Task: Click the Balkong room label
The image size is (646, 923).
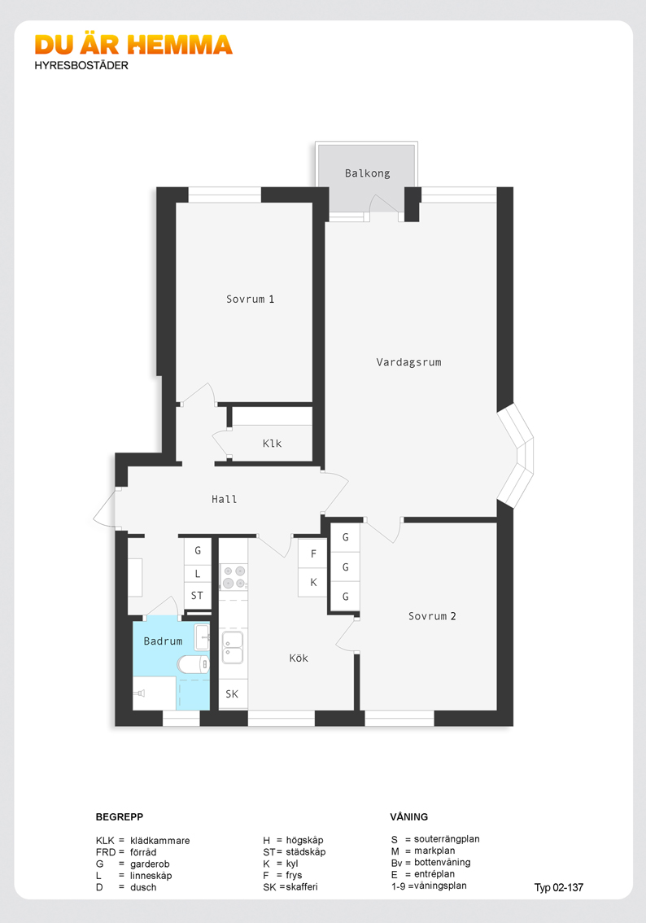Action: pyautogui.click(x=367, y=173)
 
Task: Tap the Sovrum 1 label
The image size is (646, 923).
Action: pyautogui.click(x=250, y=299)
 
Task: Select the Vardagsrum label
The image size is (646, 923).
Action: pyautogui.click(x=409, y=362)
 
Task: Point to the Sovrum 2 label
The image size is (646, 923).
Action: pyautogui.click(x=432, y=616)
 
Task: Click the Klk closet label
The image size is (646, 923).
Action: pyautogui.click(x=272, y=444)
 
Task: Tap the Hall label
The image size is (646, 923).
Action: pyautogui.click(x=225, y=499)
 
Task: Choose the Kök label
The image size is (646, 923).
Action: pyautogui.click(x=299, y=658)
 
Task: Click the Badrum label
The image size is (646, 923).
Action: pyautogui.click(x=163, y=641)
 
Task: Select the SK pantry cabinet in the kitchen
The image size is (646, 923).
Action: pyautogui.click(x=233, y=694)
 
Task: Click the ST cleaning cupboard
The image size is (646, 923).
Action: pyautogui.click(x=197, y=597)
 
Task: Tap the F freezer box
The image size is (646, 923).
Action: pyautogui.click(x=312, y=554)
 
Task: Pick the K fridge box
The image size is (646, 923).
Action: pyautogui.click(x=312, y=582)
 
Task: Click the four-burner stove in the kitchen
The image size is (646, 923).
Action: pyautogui.click(x=234, y=577)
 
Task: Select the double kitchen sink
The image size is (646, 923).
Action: pyautogui.click(x=233, y=647)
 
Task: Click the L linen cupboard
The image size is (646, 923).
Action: pyautogui.click(x=197, y=574)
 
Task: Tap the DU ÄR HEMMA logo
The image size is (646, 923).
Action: pyautogui.click(x=133, y=45)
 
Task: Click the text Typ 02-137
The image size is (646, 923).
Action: pyautogui.click(x=558, y=888)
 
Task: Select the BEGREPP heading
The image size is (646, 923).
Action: pyautogui.click(x=120, y=817)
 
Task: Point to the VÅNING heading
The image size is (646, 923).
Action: pyautogui.click(x=409, y=816)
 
